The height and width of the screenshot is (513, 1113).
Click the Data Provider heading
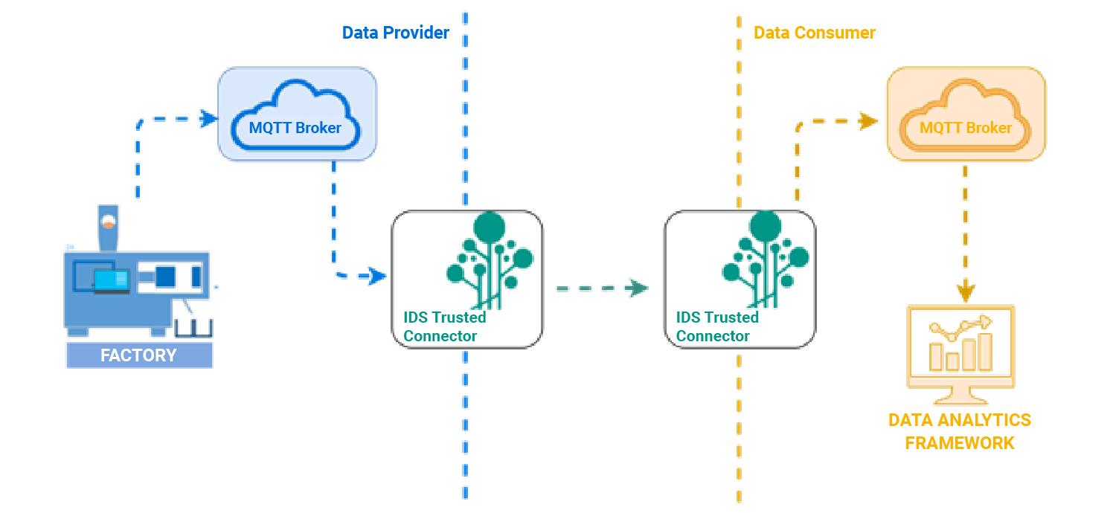[395, 33]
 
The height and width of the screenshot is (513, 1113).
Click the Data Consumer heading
[814, 33]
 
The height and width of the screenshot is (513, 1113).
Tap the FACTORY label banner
[138, 355]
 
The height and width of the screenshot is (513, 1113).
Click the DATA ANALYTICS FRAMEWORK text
[960, 431]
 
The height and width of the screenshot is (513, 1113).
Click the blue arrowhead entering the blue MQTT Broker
[208, 117]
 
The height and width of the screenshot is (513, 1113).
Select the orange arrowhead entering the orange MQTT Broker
[866, 120]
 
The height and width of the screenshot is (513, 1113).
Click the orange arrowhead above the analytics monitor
[966, 292]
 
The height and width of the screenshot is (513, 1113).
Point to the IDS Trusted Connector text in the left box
[444, 326]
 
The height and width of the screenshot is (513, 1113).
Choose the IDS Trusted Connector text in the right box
[716, 326]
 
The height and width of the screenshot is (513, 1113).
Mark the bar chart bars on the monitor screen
[960, 354]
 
